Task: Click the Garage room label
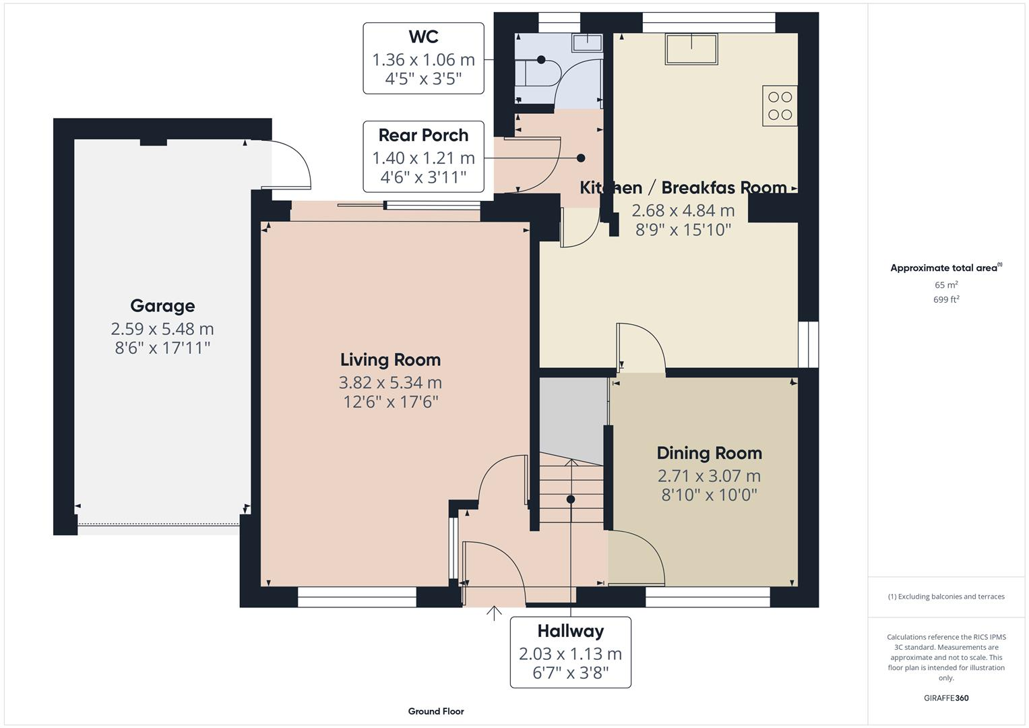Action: click(162, 305)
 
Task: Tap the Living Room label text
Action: click(390, 359)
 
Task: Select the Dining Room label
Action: click(709, 453)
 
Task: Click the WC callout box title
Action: click(423, 37)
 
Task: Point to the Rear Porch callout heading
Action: click(423, 135)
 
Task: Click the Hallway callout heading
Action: click(570, 631)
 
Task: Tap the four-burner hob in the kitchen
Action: click(780, 106)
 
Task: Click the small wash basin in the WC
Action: click(586, 42)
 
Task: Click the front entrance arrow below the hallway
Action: click(494, 613)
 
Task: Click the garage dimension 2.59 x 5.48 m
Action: click(162, 329)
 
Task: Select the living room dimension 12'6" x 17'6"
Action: click(390, 402)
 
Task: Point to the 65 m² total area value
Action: click(946, 285)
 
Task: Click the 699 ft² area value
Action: click(946, 300)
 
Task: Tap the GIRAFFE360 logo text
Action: click(946, 698)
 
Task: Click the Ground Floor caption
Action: click(436, 711)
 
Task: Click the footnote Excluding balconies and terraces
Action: click(946, 597)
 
